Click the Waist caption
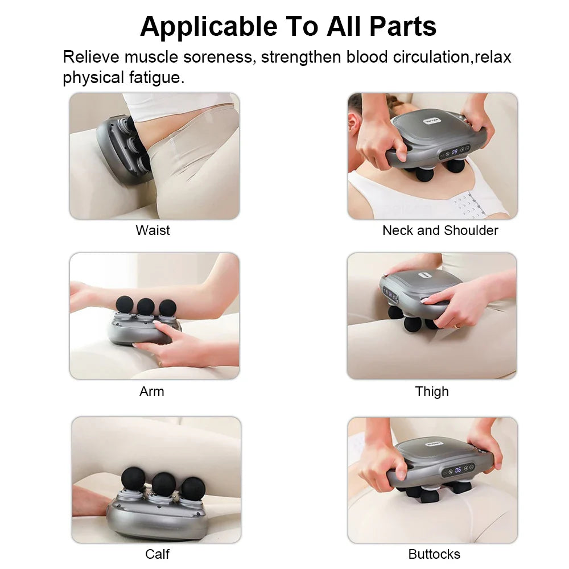(x=152, y=230)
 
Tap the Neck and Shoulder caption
(x=440, y=230)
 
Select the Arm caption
(x=151, y=391)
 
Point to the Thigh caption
(x=432, y=391)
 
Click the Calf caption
(x=157, y=554)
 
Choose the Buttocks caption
(x=434, y=554)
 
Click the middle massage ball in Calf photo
(x=163, y=483)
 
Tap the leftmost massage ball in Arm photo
(x=125, y=304)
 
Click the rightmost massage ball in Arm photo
(x=167, y=308)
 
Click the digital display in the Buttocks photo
(x=457, y=470)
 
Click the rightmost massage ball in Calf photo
(x=193, y=489)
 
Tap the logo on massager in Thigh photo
(x=423, y=275)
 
